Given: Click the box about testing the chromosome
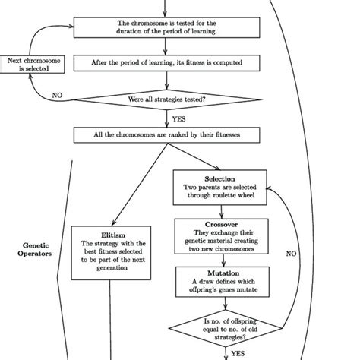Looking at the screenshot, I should (166, 28).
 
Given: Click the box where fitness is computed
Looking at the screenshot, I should (166, 63).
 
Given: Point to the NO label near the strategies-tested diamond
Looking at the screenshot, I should (57, 95).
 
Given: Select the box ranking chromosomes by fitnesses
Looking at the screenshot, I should (166, 135).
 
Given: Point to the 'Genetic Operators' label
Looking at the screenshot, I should (36, 251).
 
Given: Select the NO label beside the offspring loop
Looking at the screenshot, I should (291, 255).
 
